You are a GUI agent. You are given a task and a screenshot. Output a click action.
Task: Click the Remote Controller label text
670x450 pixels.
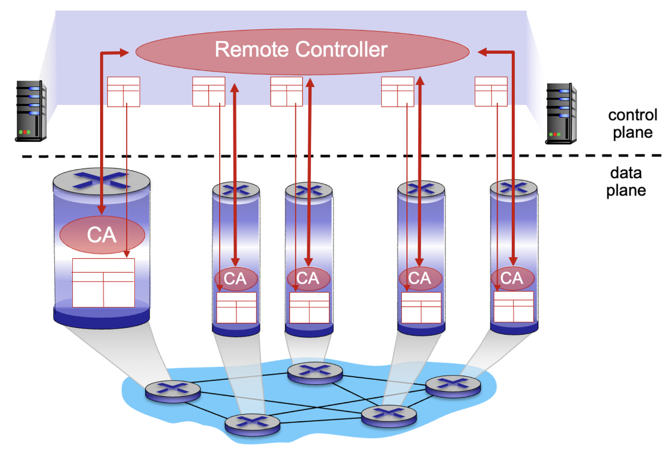tap(301, 50)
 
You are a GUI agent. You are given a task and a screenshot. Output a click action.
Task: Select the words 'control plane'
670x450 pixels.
tap(632, 124)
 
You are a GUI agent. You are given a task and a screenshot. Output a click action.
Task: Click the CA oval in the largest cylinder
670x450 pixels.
tap(102, 235)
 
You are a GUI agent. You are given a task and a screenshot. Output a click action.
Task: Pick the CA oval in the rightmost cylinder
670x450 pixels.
tap(512, 278)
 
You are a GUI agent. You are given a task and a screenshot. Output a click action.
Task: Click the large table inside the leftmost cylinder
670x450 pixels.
tap(103, 282)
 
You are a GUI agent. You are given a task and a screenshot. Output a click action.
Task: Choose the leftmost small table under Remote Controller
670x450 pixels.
tap(123, 92)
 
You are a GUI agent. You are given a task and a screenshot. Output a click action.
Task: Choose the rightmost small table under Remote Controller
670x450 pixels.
tap(491, 91)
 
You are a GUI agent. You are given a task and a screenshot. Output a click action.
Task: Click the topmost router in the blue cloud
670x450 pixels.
tap(315, 372)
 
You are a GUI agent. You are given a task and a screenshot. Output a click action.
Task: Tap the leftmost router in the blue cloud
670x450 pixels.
tap(173, 391)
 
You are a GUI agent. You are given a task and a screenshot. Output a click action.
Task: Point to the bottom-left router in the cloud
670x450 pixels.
tap(252, 422)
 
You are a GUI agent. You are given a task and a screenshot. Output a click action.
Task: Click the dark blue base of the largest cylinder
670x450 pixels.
tap(101, 319)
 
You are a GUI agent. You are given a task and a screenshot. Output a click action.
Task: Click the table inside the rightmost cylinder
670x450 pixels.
tap(513, 307)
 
